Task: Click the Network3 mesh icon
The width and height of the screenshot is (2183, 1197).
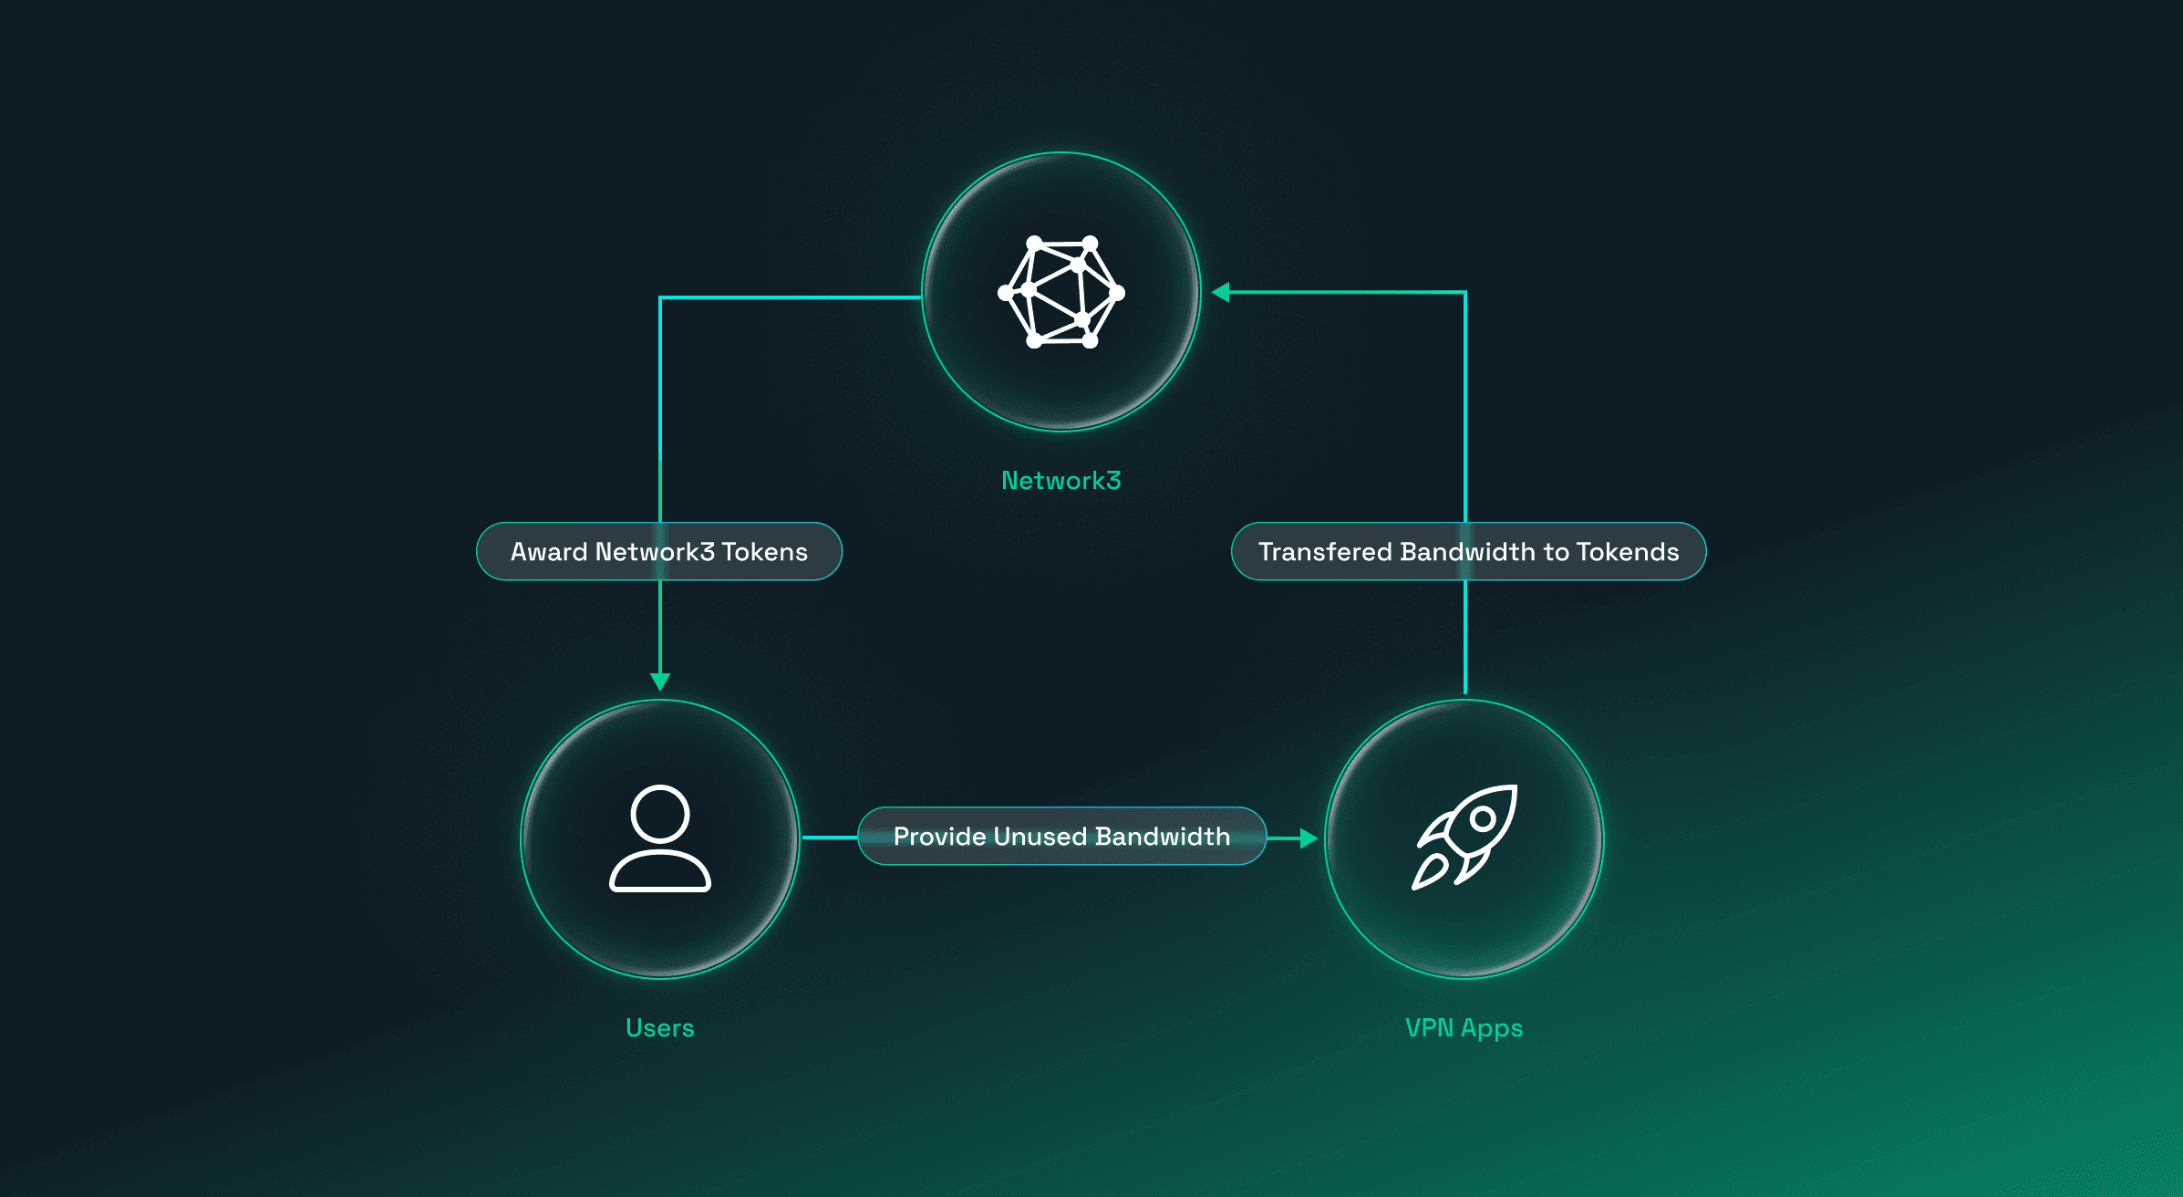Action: point(1061,292)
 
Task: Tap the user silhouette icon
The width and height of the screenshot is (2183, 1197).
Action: point(660,838)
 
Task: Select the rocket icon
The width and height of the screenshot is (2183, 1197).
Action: point(1464,836)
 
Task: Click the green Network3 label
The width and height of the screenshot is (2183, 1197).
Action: point(1061,481)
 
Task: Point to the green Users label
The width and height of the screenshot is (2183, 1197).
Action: point(660,1028)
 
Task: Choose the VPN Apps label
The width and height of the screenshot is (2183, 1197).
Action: point(1464,1028)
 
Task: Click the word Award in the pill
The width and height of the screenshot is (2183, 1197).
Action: point(549,552)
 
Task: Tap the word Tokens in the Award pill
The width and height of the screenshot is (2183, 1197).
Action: point(764,552)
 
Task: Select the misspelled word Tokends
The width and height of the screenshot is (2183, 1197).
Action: point(1628,552)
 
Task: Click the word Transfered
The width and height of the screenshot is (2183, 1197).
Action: point(1325,552)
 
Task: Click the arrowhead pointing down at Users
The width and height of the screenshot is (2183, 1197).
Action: point(660,682)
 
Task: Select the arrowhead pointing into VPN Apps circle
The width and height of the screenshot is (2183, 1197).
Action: point(1309,838)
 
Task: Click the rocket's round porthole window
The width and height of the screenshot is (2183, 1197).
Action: point(1484,818)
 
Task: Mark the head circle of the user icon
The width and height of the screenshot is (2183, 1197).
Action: point(660,814)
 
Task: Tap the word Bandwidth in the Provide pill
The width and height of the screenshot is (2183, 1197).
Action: point(1163,837)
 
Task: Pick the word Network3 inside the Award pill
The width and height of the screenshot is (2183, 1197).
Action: point(655,552)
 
